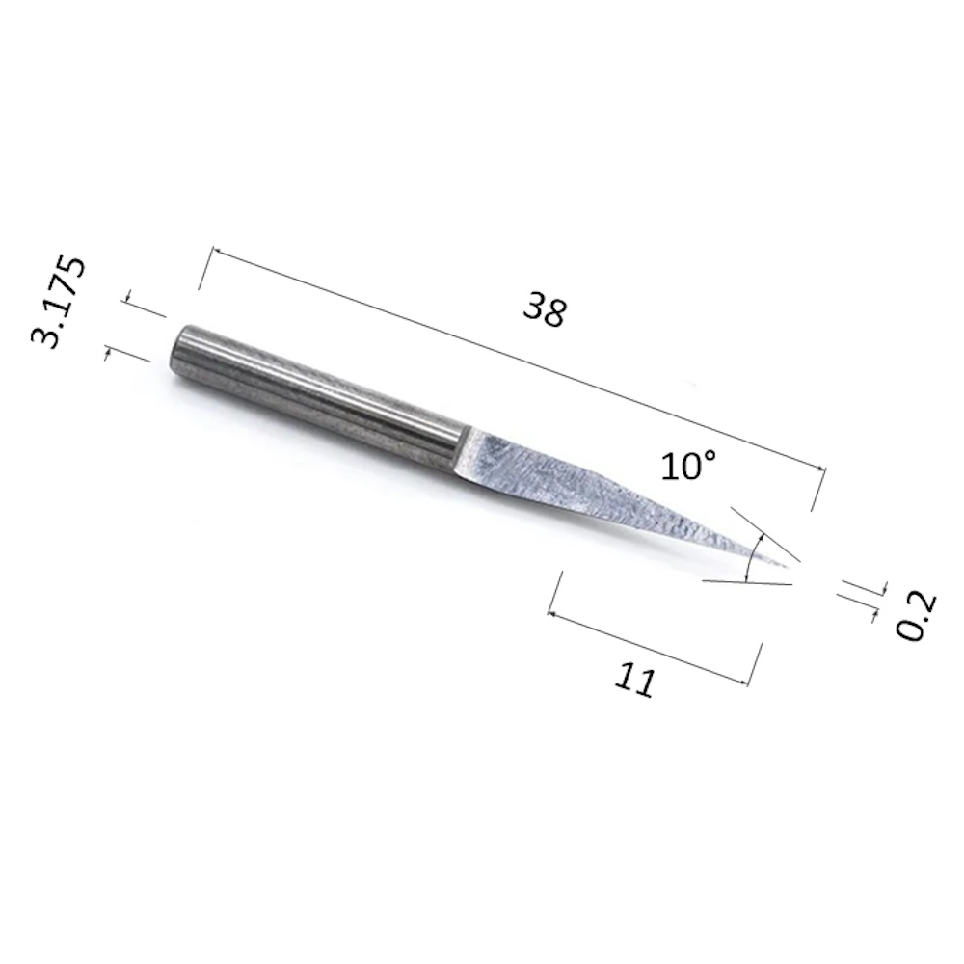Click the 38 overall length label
pos(544,309)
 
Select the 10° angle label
pos(689,466)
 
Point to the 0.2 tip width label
pos(917,617)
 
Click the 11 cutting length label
pos(635,680)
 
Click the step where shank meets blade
pos(465,451)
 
